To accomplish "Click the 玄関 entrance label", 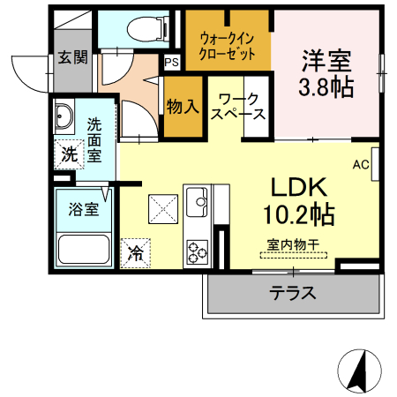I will click(x=73, y=58).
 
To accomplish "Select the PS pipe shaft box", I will click(x=171, y=63).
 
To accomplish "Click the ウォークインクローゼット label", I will click(x=228, y=46).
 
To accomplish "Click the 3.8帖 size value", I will click(x=326, y=86).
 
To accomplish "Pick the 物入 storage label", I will click(x=182, y=107).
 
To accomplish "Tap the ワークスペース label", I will click(x=240, y=107).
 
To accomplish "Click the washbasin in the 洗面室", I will click(x=66, y=117).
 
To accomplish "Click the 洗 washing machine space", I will click(x=68, y=154).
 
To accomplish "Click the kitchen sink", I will click(x=196, y=203).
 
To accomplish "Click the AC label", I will click(x=360, y=164).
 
